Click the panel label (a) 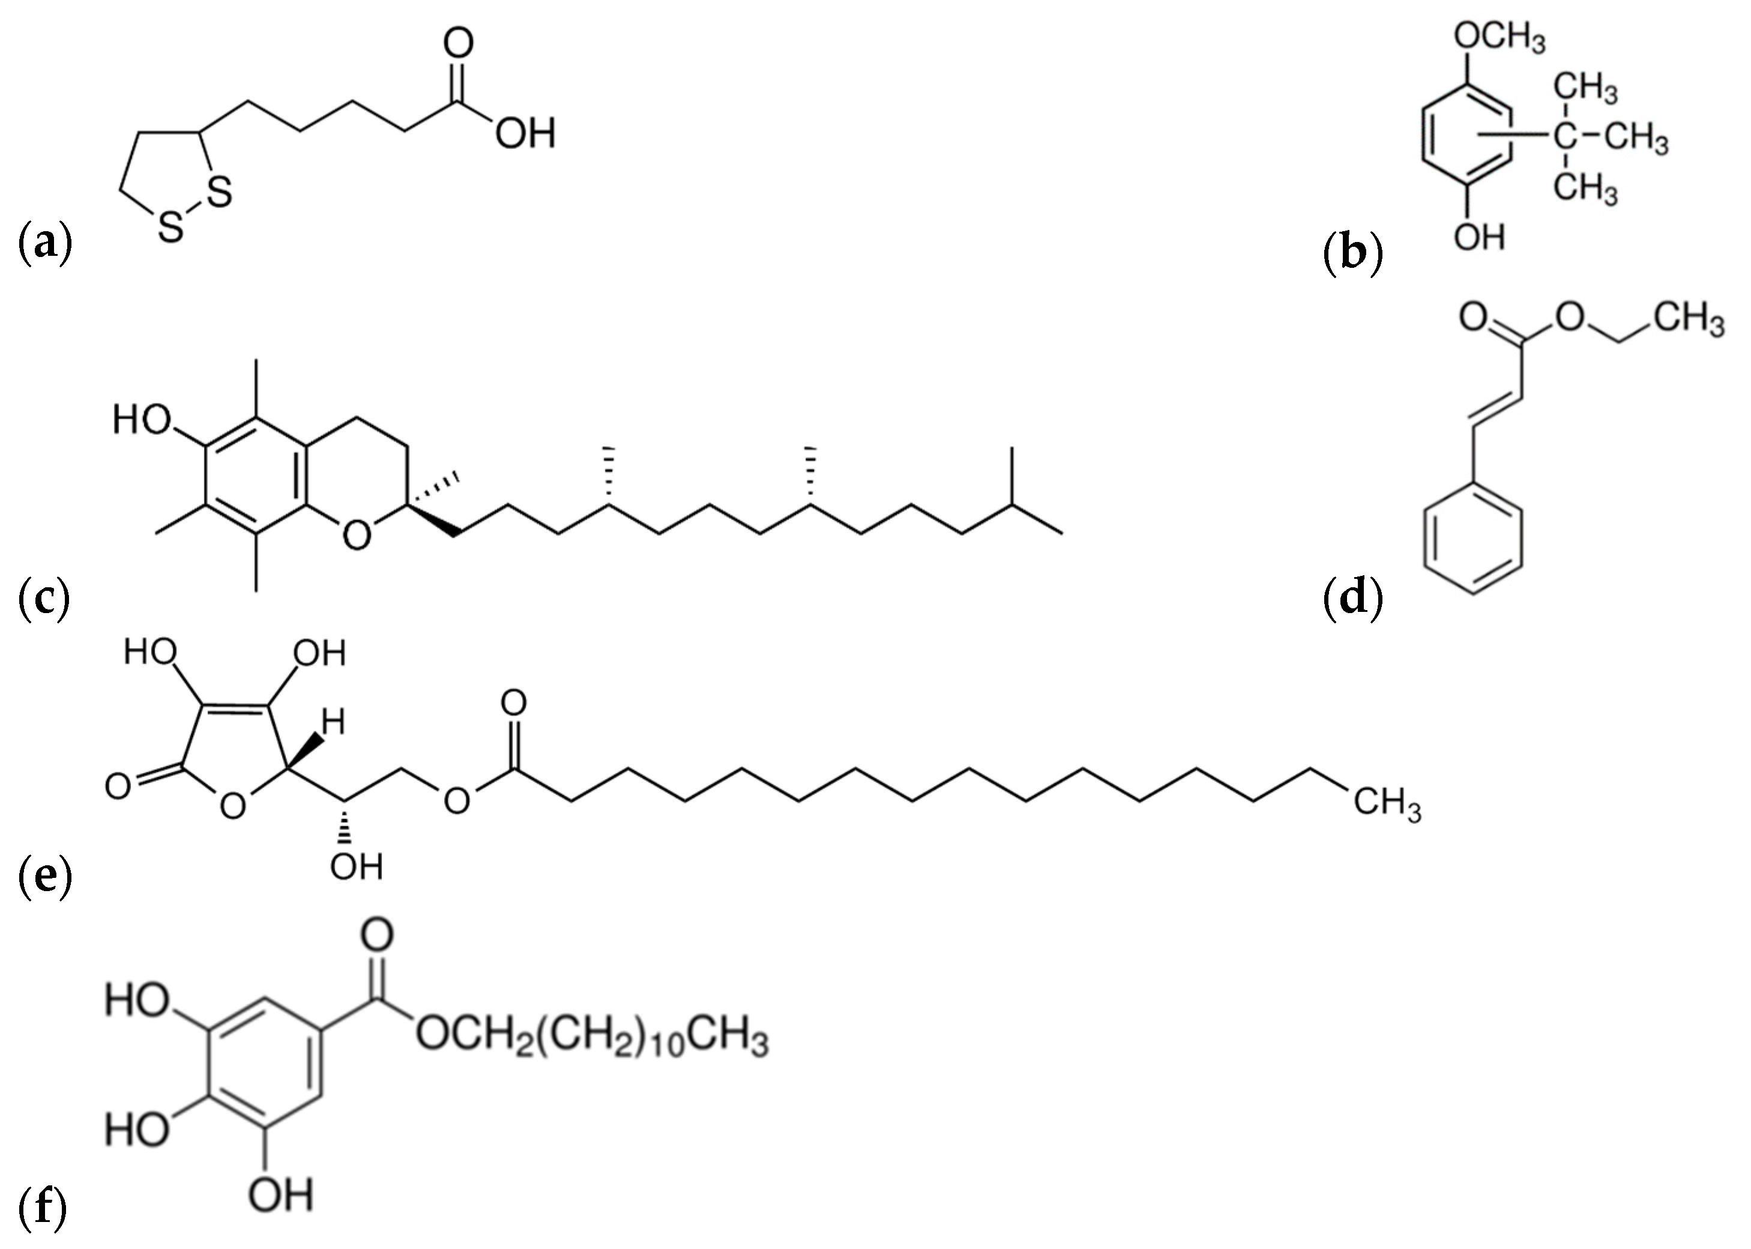click(44, 243)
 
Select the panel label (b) click(1354, 255)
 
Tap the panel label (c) click(44, 598)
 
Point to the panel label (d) click(1354, 598)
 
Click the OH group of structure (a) click(525, 135)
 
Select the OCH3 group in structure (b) click(1499, 38)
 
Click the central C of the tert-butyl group click(1564, 139)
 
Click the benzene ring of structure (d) click(1472, 539)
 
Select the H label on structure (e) click(332, 723)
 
